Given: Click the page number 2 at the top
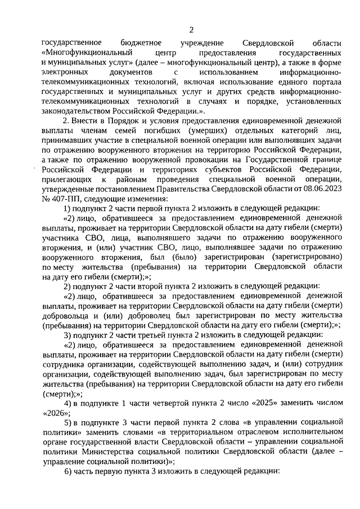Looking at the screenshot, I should [191, 30].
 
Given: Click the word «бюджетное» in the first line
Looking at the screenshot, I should [141, 43].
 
